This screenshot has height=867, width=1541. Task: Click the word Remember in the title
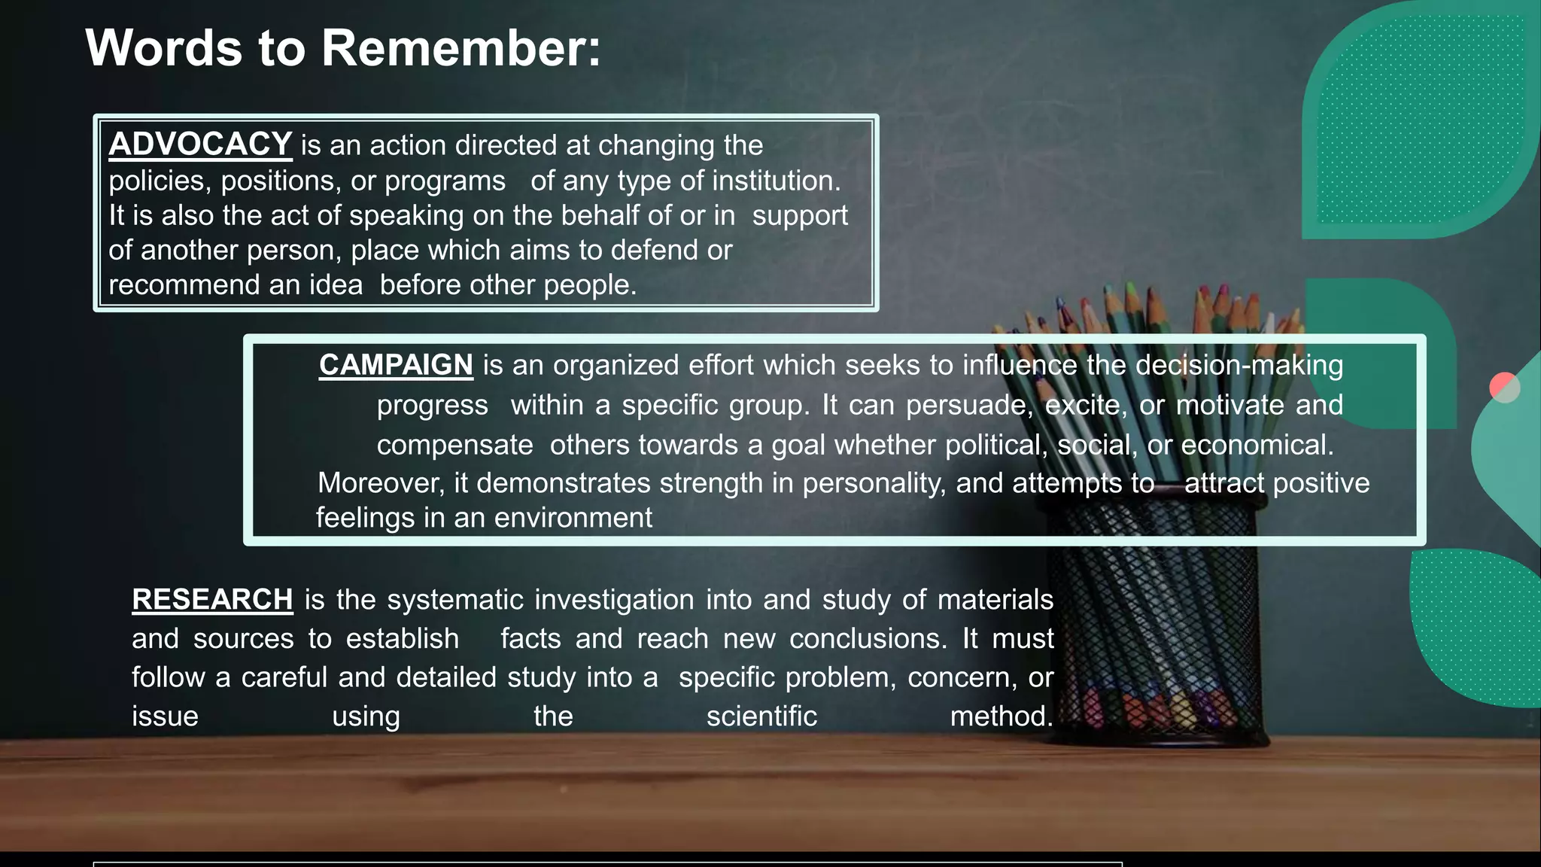point(460,48)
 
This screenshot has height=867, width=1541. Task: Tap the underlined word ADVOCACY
point(200,144)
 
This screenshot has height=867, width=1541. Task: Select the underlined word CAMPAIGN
point(396,365)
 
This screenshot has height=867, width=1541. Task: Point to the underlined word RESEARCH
point(212,600)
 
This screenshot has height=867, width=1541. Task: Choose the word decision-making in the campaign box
point(1239,366)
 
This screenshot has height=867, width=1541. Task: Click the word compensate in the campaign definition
point(454,445)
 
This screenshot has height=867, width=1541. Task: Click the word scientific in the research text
point(761,716)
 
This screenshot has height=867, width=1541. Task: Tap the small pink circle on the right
point(1504,388)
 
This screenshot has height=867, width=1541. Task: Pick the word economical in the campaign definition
point(1257,445)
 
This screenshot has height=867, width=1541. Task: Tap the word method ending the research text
point(1001,716)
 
